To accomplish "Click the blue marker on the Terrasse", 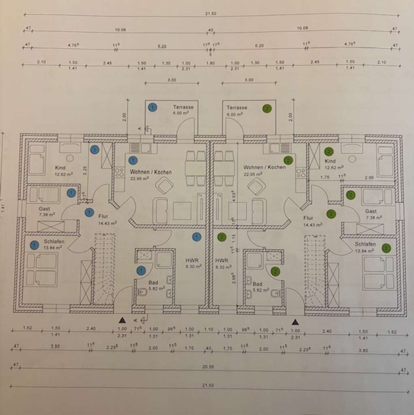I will (152, 107).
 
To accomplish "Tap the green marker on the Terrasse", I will (267, 109).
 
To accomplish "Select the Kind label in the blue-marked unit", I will (60, 168).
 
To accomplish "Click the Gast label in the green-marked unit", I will (371, 211).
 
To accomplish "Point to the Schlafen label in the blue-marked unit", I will (54, 242).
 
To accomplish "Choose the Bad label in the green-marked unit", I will (257, 284).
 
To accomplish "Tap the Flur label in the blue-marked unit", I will (103, 216).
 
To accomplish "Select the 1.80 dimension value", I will (210, 63).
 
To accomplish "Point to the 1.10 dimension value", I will (208, 329).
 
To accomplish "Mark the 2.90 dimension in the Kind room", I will (369, 178).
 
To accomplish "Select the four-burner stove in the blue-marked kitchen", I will (119, 173).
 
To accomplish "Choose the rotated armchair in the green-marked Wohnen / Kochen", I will (256, 186).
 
